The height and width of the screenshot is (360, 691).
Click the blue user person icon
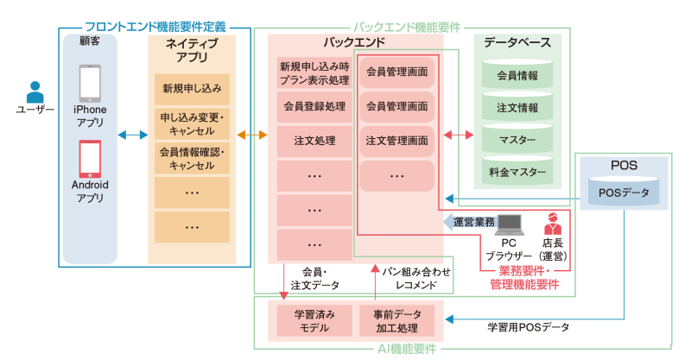(35, 91)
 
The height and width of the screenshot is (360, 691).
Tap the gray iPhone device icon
(90, 83)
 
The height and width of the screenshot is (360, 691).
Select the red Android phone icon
(90, 158)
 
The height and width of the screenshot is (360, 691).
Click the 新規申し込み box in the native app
(192, 88)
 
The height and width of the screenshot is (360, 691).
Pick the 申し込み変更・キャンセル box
(192, 123)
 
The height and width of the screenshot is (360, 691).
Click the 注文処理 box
(314, 140)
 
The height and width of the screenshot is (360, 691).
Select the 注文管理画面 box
(396, 140)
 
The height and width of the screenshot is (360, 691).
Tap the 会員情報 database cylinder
(517, 76)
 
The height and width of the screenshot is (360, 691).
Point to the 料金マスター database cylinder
(517, 171)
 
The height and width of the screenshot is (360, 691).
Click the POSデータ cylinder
(624, 192)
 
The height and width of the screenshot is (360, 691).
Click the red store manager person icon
(553, 224)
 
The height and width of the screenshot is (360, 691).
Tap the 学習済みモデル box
(314, 319)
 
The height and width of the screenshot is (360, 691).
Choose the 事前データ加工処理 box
(396, 319)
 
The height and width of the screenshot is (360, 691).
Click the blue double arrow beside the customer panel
(133, 135)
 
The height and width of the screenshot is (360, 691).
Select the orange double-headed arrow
(252, 135)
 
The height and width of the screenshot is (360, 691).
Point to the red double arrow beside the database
(458, 135)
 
